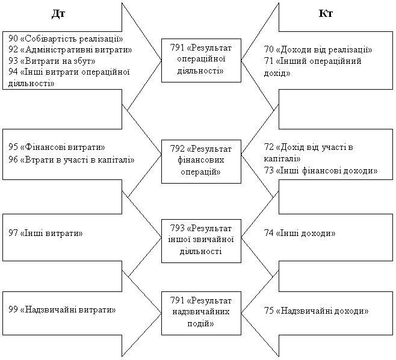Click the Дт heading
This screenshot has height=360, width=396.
(58, 14)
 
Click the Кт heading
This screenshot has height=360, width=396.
(326, 13)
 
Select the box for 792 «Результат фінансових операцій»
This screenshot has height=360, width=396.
(201, 161)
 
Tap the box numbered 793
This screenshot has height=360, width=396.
(201, 241)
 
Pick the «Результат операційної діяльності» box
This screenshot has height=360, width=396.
(201, 60)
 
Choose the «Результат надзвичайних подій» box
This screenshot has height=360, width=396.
(201, 313)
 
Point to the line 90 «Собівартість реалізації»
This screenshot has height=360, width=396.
(66, 39)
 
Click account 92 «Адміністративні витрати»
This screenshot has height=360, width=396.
(70, 49)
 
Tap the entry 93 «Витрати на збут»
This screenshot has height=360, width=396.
(52, 61)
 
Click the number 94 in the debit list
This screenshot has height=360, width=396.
(13, 72)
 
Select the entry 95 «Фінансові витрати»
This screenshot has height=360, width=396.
(57, 147)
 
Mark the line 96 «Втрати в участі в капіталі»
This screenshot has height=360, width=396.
(71, 160)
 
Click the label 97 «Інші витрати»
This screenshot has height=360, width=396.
(46, 233)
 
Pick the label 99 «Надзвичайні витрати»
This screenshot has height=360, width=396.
(62, 309)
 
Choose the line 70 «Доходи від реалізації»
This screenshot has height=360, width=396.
(318, 49)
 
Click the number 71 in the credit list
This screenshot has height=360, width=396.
(268, 61)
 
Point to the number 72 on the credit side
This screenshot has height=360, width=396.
(268, 147)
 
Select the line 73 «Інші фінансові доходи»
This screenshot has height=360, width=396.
(321, 170)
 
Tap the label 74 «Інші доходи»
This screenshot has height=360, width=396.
(300, 233)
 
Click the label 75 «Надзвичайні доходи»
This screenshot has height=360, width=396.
(316, 311)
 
